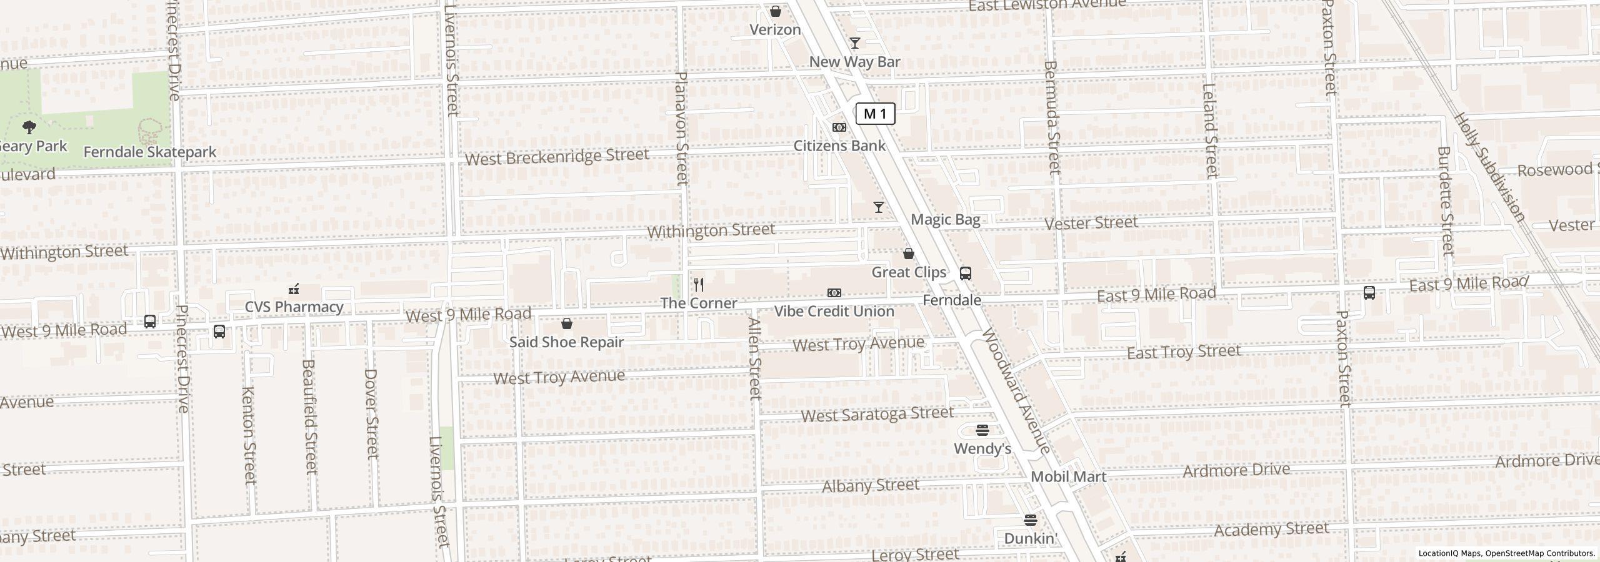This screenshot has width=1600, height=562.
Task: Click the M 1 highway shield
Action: (875, 114)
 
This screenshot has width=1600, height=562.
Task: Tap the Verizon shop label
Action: (775, 30)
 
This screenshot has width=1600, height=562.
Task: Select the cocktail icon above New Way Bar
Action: (854, 43)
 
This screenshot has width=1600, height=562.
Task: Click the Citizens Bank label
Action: (839, 145)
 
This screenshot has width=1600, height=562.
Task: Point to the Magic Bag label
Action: (945, 219)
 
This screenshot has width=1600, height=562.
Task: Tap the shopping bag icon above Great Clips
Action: (909, 254)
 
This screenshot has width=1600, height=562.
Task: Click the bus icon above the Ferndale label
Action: (965, 273)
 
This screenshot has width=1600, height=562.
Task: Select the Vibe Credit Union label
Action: (834, 311)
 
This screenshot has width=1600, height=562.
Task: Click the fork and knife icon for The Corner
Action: (699, 285)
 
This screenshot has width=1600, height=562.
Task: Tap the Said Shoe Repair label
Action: (566, 342)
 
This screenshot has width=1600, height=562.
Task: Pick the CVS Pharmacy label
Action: (294, 307)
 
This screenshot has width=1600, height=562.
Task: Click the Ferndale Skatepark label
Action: (149, 152)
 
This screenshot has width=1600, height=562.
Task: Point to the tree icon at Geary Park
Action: (29, 127)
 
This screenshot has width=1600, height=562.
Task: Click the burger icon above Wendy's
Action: (982, 430)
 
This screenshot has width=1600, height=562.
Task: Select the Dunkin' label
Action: (1030, 538)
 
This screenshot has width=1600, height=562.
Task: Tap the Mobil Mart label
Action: (1068, 477)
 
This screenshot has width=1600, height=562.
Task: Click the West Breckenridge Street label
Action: (556, 157)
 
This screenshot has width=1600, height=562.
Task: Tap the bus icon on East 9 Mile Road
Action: (1369, 292)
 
